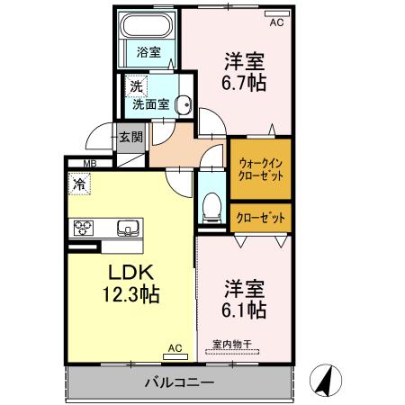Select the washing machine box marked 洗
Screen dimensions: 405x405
pos(135,87)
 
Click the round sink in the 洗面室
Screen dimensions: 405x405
pos(184,103)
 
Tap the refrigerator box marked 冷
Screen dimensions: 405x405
pos(81,184)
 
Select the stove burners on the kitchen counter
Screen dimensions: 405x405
pos(85,227)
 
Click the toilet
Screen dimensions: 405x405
pos(212,204)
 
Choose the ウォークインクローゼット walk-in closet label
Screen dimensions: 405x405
pos(261,169)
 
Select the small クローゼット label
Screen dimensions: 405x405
pos(261,218)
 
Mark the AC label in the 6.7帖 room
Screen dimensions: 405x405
pos(277,23)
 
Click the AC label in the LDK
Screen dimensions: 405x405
pos(175,346)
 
